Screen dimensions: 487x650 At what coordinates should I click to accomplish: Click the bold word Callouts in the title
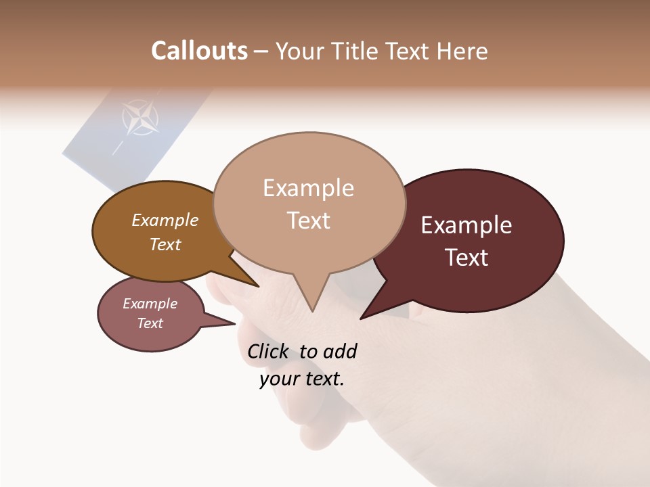pyautogui.click(x=199, y=51)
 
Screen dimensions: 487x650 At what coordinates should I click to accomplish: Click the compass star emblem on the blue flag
pyautogui.click(x=140, y=118)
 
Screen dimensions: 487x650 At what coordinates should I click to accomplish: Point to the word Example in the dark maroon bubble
pyautogui.click(x=467, y=225)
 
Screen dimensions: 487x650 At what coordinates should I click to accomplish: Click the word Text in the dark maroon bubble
pyautogui.click(x=467, y=258)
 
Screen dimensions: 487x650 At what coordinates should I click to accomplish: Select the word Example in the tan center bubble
pyautogui.click(x=308, y=188)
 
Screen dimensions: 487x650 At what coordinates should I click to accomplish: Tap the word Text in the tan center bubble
pyautogui.click(x=308, y=221)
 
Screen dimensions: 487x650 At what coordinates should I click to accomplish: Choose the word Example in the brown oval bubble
pyautogui.click(x=165, y=221)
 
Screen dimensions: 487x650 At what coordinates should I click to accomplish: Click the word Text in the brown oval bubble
pyautogui.click(x=165, y=244)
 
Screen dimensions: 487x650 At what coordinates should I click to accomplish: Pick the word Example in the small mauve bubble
pyautogui.click(x=150, y=304)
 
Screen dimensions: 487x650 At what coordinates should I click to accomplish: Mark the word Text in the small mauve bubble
pyautogui.click(x=150, y=323)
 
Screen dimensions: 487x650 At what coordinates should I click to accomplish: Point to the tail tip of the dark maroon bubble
pyautogui.click(x=362, y=318)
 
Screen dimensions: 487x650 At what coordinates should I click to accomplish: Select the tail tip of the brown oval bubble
pyautogui.click(x=258, y=286)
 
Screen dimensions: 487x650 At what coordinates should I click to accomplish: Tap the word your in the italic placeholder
pyautogui.click(x=278, y=379)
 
